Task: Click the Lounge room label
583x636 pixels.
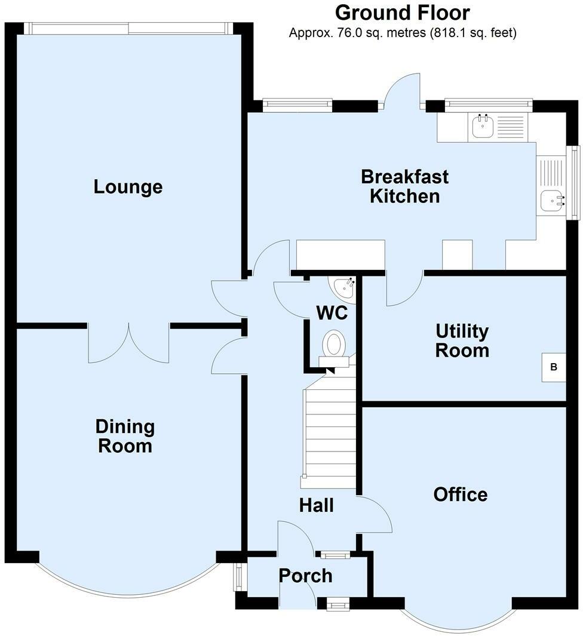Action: (128, 187)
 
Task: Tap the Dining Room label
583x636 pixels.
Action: (125, 436)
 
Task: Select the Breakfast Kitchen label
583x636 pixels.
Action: (404, 186)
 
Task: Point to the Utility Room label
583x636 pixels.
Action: (462, 340)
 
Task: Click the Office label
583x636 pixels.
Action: (460, 494)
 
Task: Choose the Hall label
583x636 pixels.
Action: (316, 506)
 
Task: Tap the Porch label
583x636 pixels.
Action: (306, 576)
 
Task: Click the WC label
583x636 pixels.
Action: (332, 312)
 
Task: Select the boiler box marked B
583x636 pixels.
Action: (554, 367)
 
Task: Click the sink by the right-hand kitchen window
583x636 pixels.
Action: (553, 201)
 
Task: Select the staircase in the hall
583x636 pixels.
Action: (329, 436)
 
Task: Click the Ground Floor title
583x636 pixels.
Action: (403, 13)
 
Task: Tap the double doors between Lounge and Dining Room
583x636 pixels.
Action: (128, 343)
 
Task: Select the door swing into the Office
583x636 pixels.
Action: (375, 515)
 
